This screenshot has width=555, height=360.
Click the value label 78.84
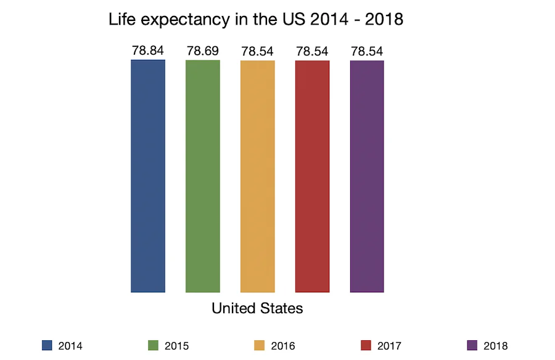coord(148,51)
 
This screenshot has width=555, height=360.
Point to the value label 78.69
coord(203,51)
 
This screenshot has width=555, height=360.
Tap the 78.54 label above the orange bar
coord(257,51)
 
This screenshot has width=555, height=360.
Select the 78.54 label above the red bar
coord(312,51)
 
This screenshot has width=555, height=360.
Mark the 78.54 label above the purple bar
coord(367,51)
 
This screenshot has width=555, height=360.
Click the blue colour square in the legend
coord(47,345)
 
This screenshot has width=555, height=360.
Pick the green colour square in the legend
coord(154,345)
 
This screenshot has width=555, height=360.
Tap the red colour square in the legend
coord(366,345)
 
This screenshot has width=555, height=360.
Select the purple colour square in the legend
coord(472,345)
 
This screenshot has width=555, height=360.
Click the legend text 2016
coord(282,346)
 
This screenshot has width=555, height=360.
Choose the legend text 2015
coord(176,346)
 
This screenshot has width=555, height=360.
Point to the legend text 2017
coord(388,346)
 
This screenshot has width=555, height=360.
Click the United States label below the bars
coord(257,308)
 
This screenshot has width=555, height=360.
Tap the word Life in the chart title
coord(122,20)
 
